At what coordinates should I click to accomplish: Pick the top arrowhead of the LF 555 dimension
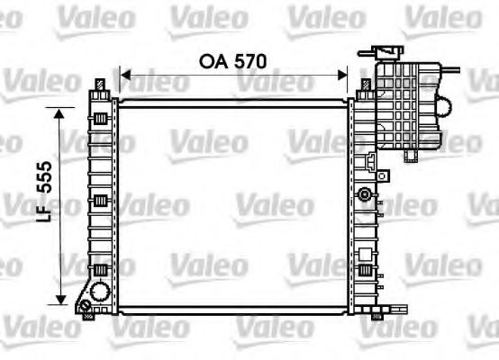pos(61,114)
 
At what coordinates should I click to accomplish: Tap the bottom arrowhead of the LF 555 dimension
pos(61,300)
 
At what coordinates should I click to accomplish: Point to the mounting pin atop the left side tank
pos(98,85)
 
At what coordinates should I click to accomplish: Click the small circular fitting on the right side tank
pos(364,194)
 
